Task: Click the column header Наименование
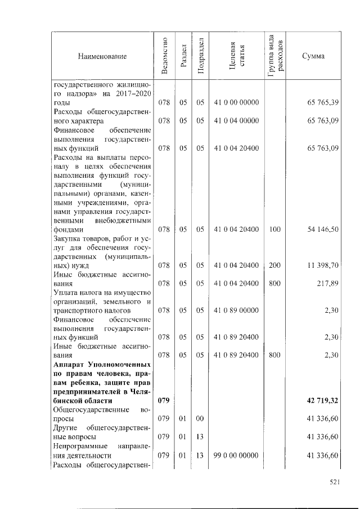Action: (x=102, y=56)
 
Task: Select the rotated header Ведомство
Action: (x=164, y=56)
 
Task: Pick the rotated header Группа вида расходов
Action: (x=275, y=56)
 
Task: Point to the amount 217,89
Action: (x=327, y=283)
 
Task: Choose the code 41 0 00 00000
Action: (x=236, y=103)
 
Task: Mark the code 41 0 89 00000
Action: (x=236, y=310)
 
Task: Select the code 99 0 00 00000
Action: (x=236, y=454)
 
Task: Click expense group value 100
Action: (x=274, y=229)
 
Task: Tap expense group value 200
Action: (x=274, y=265)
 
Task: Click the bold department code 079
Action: (x=164, y=400)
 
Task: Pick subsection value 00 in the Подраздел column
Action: (x=200, y=418)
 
